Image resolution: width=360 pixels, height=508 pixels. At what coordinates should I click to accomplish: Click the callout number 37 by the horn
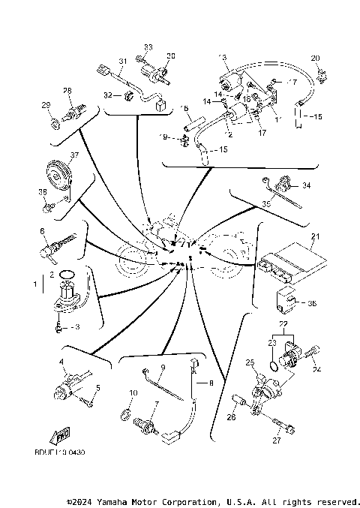(x=74, y=155)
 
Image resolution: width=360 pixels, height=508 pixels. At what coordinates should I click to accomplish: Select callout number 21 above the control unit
(x=316, y=237)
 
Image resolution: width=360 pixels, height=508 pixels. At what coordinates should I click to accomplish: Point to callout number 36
(x=313, y=304)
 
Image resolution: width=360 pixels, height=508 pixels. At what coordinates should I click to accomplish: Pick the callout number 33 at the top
(x=148, y=47)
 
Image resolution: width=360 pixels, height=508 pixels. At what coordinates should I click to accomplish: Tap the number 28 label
(x=67, y=91)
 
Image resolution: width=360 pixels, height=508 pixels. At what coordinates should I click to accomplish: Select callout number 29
(x=45, y=104)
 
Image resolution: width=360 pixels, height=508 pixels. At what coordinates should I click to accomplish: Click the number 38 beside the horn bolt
(x=42, y=192)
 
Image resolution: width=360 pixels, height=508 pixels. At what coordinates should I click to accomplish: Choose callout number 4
(x=61, y=362)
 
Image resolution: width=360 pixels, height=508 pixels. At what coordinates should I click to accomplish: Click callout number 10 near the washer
(x=133, y=392)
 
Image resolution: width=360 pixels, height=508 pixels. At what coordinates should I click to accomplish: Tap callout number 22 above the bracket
(x=283, y=322)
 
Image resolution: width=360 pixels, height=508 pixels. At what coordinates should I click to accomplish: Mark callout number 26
(x=232, y=418)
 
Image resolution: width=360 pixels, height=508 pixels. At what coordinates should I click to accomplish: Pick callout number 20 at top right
(x=315, y=58)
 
